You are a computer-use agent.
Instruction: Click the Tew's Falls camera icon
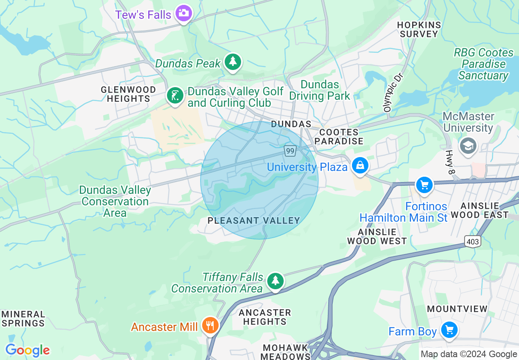184,13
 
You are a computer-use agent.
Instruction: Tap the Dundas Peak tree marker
233,62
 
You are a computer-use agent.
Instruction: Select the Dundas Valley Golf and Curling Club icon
175,96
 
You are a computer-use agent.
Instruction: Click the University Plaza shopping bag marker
360,166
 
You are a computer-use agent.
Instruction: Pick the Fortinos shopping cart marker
424,185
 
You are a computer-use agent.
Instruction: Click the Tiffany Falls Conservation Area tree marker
275,281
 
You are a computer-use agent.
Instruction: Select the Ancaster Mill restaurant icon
210,326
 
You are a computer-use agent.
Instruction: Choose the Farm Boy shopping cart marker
449,330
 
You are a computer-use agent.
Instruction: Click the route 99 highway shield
290,151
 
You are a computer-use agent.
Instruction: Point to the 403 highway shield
472,242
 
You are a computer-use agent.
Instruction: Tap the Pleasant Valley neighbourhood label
254,220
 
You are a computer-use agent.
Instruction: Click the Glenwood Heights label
129,94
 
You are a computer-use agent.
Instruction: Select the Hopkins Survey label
419,29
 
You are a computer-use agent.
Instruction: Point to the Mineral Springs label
23,319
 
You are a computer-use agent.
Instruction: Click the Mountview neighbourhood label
457,309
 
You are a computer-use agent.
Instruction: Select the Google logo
27,350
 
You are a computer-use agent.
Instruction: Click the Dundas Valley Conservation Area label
115,201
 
